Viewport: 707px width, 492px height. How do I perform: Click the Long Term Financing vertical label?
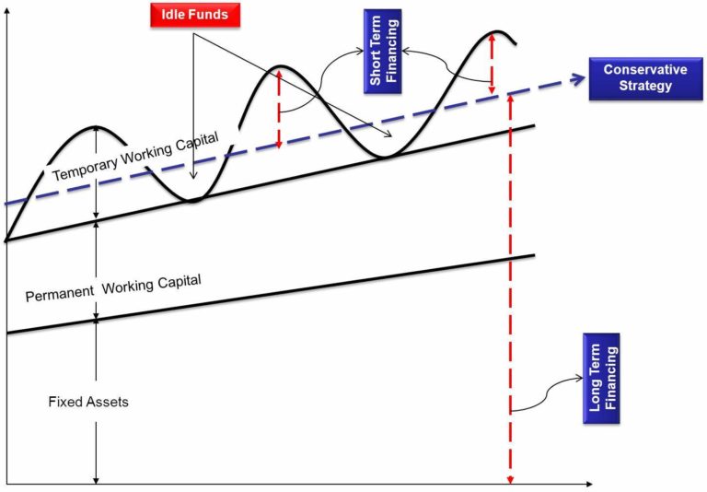[601, 379]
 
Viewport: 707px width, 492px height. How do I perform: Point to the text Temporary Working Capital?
[135, 158]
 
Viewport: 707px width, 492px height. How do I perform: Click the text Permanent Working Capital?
[112, 287]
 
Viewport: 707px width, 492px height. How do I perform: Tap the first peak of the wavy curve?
[95, 127]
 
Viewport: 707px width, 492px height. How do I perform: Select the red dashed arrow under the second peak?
[279, 109]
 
